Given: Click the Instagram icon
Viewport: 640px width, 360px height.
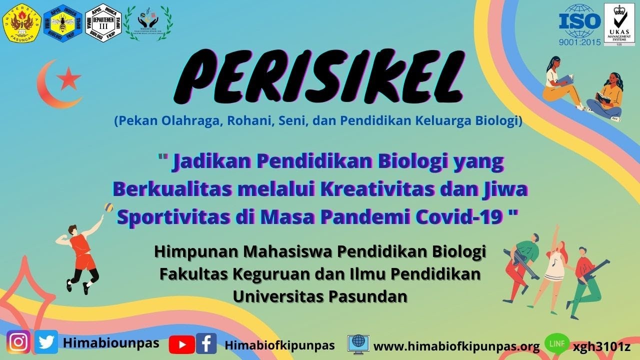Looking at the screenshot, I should click(x=18, y=342).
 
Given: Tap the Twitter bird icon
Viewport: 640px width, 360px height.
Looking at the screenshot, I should click(x=46, y=342).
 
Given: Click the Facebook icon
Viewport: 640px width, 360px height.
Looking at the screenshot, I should click(x=206, y=344).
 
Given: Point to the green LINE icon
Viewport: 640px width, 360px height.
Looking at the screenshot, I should click(x=556, y=344).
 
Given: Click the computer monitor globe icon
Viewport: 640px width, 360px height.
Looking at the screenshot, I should click(x=358, y=343).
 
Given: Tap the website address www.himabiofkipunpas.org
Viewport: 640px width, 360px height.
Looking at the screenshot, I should click(x=456, y=346).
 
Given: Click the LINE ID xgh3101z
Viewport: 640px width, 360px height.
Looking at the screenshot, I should click(x=601, y=346).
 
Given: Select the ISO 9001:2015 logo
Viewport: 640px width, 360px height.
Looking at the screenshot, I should click(x=580, y=24).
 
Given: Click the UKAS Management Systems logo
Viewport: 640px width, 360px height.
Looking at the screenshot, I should click(x=619, y=24).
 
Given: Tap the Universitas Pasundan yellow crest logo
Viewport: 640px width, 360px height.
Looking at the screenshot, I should click(x=21, y=22).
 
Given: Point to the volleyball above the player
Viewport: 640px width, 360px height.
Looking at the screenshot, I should click(x=108, y=207).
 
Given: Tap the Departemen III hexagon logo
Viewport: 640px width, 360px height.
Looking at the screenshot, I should click(x=103, y=22).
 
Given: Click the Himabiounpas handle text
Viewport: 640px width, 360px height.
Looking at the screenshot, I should click(x=111, y=342).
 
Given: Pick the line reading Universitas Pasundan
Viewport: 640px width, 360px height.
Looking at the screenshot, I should click(x=320, y=296).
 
